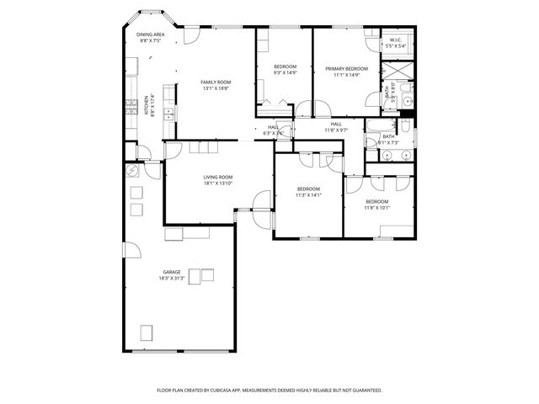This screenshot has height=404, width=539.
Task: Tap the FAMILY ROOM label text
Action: point(215,82)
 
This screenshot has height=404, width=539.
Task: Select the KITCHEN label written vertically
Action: point(146,105)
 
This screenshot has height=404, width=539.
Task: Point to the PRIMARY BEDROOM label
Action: point(346,68)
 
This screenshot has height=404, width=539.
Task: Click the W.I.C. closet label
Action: point(396,40)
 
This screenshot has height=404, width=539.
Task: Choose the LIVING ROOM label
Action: point(217,177)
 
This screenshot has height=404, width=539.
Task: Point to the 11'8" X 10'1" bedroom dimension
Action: point(377,207)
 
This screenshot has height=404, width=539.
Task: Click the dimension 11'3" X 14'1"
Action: point(308,195)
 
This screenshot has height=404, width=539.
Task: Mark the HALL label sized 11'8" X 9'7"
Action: point(336,124)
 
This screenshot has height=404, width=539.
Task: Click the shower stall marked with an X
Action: point(396,70)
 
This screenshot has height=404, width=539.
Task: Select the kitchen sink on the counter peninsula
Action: point(169,112)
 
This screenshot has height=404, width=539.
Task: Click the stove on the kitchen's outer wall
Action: point(131,106)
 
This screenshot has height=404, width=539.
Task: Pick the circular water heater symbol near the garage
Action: point(131,170)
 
